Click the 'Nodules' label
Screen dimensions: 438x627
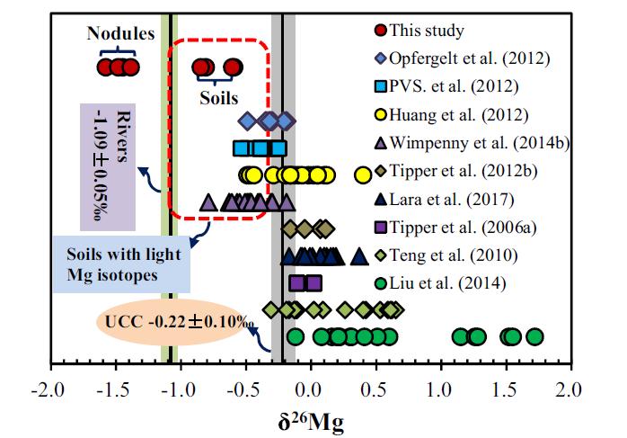(121, 33)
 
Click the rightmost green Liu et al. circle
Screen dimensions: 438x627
(534, 337)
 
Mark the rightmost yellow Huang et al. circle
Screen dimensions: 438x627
(363, 174)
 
